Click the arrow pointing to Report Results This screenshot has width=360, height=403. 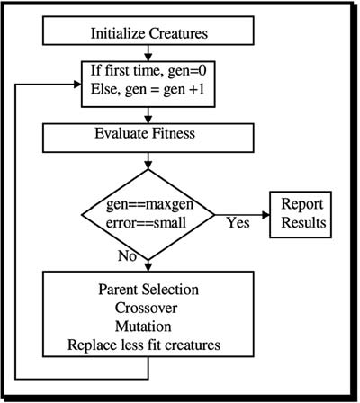click(243, 214)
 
